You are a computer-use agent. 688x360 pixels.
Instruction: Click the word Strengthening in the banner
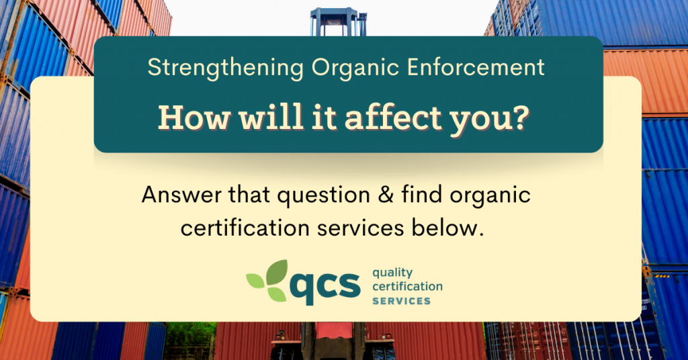[x=226, y=68]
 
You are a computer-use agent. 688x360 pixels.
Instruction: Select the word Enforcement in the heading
[x=476, y=67]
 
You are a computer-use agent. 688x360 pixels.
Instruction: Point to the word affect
[x=392, y=118]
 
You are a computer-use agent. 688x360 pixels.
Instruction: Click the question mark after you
[x=521, y=117]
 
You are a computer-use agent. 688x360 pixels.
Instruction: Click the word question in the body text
[x=323, y=195]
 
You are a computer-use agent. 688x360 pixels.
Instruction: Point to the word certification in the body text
[x=245, y=228]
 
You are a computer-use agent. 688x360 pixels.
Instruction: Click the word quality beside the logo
[x=392, y=273]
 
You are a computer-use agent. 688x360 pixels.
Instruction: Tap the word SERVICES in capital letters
[x=402, y=301]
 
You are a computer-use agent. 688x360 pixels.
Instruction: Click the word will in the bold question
[x=271, y=117]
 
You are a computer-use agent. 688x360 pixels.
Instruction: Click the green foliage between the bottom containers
[x=189, y=335]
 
